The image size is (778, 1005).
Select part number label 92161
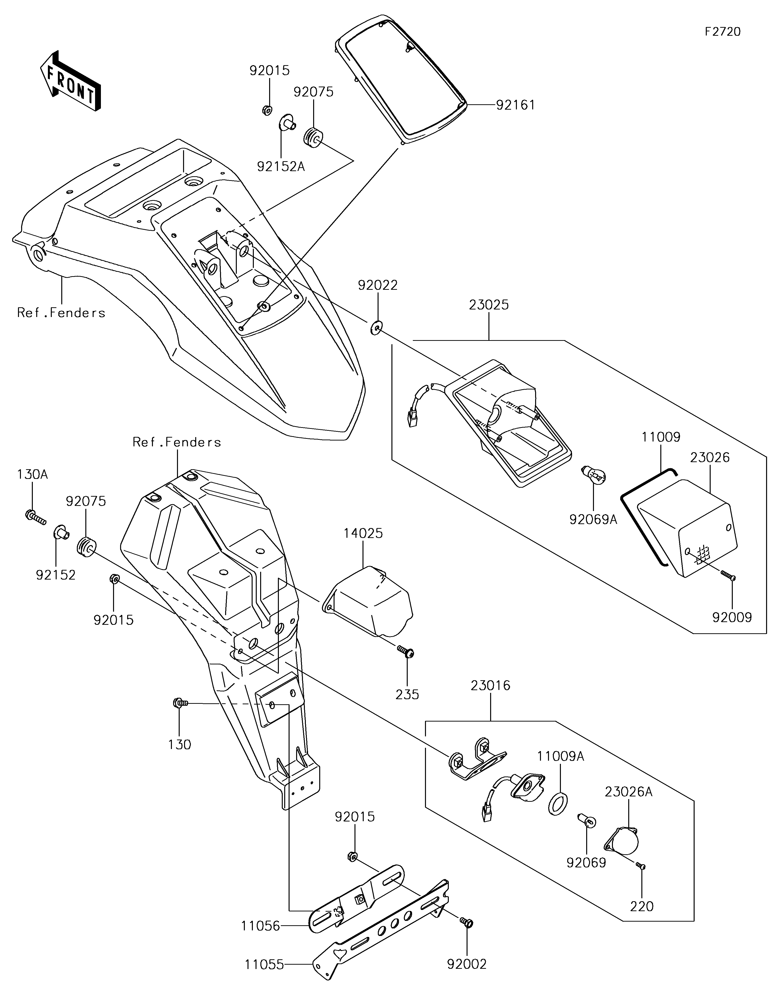click(x=515, y=105)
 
